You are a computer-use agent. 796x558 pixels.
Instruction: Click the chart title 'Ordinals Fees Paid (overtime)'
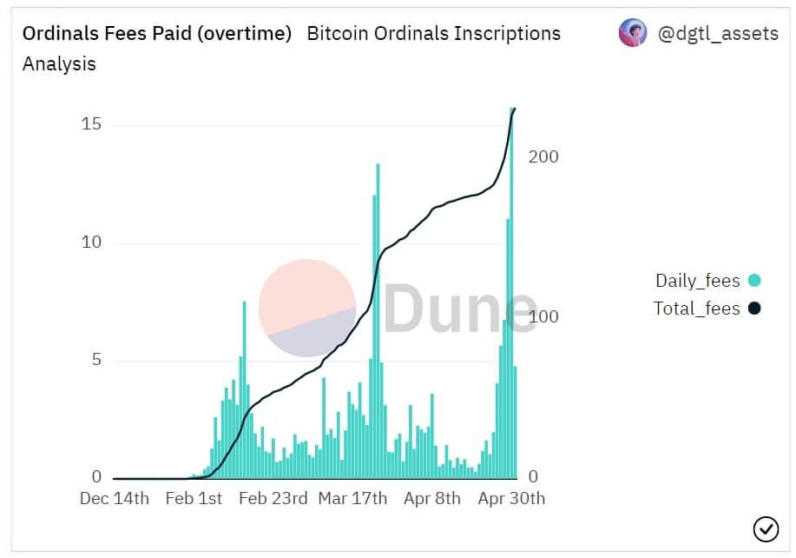(157, 34)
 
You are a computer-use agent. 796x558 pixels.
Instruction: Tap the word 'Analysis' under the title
(59, 64)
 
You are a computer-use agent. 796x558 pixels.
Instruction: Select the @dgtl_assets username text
(718, 34)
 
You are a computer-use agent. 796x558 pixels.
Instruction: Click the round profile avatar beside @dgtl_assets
(633, 32)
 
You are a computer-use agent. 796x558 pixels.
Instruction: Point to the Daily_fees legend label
(698, 281)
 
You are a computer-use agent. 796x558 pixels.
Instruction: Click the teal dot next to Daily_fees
(754, 280)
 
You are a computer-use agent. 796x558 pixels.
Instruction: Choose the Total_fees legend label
(696, 309)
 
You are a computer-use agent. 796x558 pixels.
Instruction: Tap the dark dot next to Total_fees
(754, 308)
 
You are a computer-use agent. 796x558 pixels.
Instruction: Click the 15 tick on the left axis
(91, 124)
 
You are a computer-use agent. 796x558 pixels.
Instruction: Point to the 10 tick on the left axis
(91, 242)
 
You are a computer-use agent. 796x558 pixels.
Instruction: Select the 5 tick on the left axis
(96, 360)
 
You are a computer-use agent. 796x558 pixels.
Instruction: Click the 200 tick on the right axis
(543, 156)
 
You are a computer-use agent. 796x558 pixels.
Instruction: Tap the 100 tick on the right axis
(543, 316)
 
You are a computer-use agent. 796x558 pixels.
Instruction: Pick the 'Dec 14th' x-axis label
(115, 498)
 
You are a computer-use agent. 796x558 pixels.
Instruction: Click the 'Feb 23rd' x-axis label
(273, 498)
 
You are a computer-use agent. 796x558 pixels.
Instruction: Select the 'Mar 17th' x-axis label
(352, 498)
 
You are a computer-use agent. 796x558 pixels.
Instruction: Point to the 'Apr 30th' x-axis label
(511, 498)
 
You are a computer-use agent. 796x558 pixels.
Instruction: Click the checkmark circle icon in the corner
(766, 529)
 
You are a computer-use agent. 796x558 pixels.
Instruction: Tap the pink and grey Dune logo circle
(307, 308)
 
